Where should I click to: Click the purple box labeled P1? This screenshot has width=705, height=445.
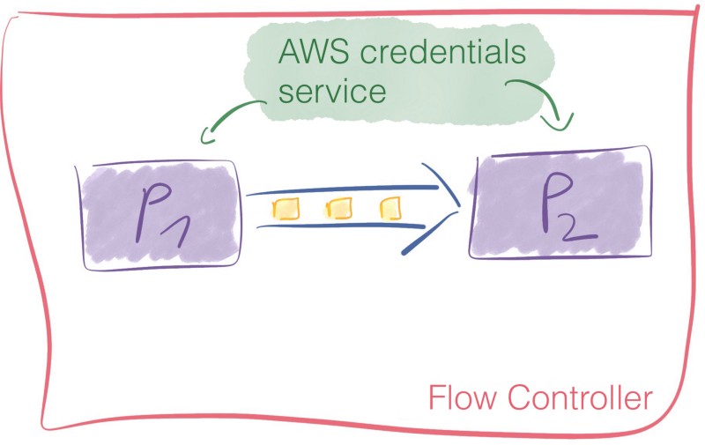(x=160, y=215)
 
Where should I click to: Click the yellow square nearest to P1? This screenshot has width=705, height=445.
(x=285, y=210)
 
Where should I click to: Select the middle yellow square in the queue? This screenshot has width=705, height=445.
(x=338, y=209)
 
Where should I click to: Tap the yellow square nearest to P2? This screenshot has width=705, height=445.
(x=390, y=209)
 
